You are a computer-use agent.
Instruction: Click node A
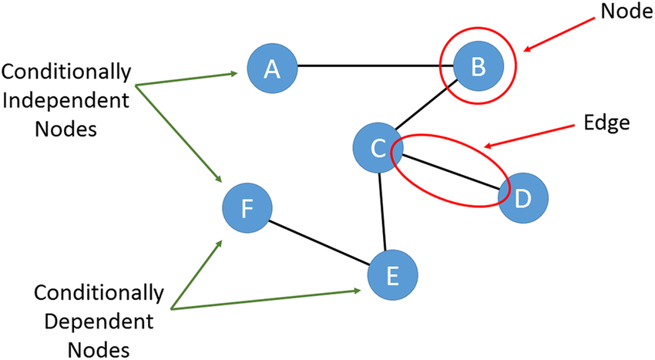(x=271, y=69)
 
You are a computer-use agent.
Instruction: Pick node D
(x=522, y=199)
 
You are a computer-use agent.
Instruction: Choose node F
(x=246, y=208)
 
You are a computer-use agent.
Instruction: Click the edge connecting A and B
(x=374, y=66)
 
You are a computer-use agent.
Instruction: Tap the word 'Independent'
(x=66, y=102)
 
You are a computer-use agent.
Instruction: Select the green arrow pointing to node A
(x=185, y=79)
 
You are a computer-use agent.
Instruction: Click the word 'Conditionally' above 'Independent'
(x=67, y=73)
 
